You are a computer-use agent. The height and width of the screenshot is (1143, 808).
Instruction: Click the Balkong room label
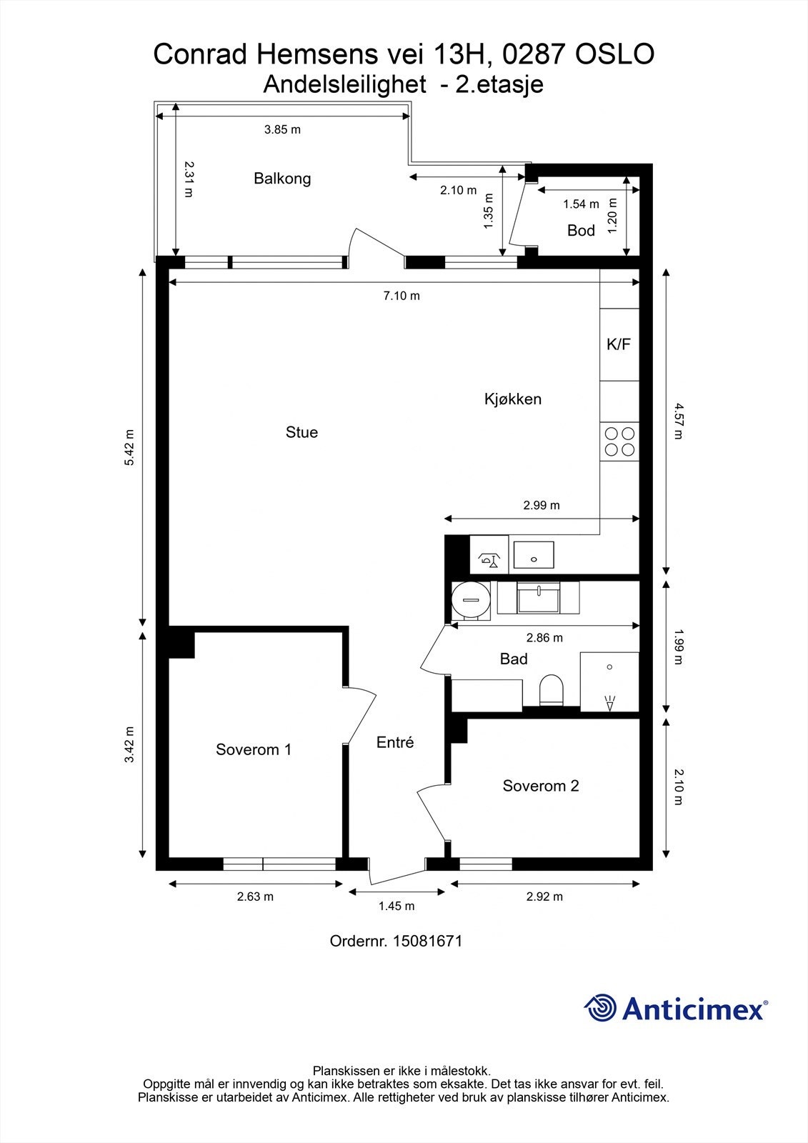tap(282, 178)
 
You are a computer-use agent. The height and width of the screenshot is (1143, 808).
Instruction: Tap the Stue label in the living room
tap(301, 432)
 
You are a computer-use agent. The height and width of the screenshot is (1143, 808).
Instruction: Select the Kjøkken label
tap(513, 399)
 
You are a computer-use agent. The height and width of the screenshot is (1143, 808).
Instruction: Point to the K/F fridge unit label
tap(619, 344)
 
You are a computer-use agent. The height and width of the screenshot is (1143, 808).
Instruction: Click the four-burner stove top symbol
tap(619, 441)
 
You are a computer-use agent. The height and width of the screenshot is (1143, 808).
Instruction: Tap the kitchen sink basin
tap(534, 554)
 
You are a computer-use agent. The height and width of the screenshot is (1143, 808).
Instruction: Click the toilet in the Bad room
tap(552, 690)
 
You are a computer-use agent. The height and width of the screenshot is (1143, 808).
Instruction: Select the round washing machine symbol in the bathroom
tap(471, 600)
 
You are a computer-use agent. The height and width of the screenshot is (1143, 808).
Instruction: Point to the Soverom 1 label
tap(254, 749)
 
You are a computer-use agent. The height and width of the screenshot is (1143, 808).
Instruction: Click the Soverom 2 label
tap(541, 786)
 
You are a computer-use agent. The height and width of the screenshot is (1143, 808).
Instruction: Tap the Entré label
tap(395, 742)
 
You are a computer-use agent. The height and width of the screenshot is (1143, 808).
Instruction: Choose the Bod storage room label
tap(581, 230)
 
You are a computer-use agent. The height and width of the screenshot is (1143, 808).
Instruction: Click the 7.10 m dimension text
tap(401, 296)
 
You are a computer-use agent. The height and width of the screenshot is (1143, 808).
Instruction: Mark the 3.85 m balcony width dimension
tap(282, 129)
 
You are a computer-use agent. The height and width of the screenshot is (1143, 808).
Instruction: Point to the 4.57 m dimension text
tap(679, 421)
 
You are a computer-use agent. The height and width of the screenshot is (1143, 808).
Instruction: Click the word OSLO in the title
tap(614, 54)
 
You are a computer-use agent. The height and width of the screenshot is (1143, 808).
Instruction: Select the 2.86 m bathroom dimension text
tap(544, 638)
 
